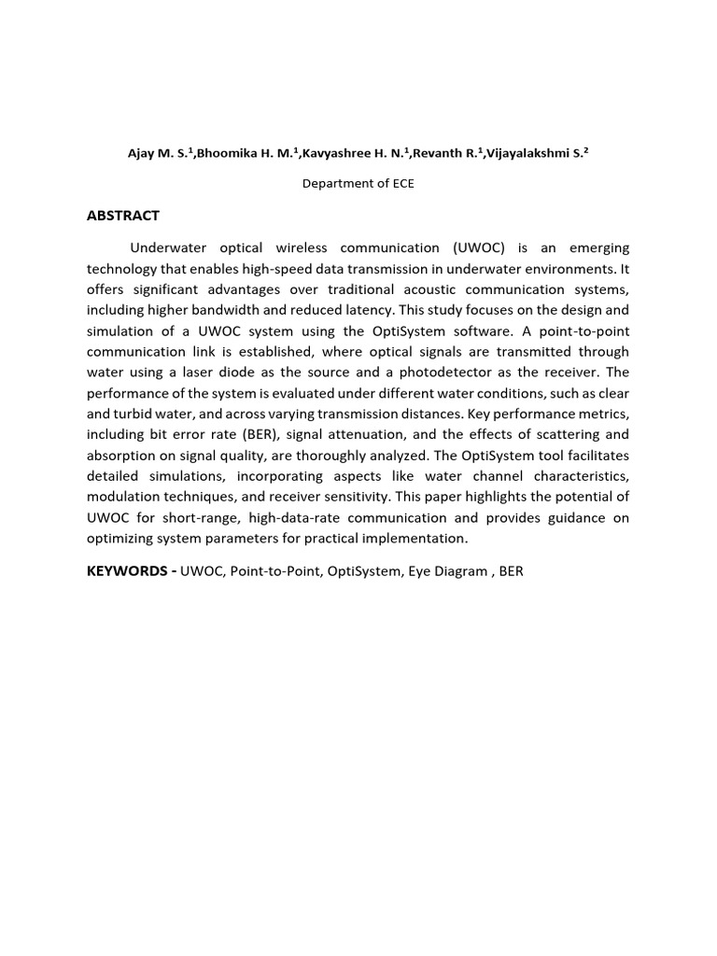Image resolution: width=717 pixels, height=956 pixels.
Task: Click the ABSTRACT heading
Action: pyautogui.click(x=122, y=216)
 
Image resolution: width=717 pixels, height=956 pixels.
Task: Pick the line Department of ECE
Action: pyautogui.click(x=358, y=184)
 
